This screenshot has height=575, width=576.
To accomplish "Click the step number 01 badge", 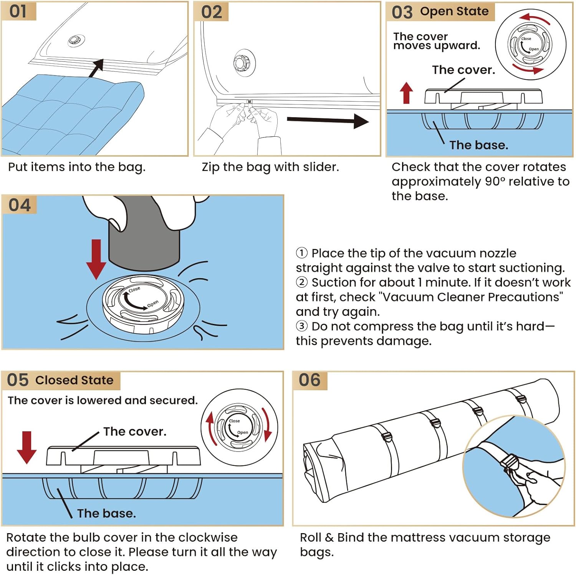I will pos(18,11).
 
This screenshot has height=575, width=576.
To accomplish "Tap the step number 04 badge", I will pos(20,205).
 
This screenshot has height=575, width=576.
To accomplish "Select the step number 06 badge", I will pos(310,380).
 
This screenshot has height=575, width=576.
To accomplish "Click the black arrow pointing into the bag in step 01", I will pos(96,68).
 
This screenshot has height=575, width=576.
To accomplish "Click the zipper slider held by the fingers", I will pos(249,103).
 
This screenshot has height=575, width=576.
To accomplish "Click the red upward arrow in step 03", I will pos(406,93).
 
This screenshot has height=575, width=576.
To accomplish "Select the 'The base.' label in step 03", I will pos(479,145).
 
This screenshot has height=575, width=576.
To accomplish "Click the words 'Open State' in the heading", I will pos(454,12).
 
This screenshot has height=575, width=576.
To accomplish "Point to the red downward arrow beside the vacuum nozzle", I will pos(96,259).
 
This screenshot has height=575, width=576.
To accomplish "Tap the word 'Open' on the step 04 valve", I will pos(152,304).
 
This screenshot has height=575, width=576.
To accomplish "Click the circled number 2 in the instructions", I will pos(302,282).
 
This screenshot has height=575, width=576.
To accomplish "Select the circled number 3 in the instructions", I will pos(302,326).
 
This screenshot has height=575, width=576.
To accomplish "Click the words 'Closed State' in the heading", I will pos(74,380).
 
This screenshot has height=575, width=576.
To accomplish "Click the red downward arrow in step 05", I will pos(26,447).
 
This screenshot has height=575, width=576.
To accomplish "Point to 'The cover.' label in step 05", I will pos(135,432).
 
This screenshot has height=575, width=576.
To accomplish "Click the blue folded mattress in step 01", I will pos(69,115).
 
